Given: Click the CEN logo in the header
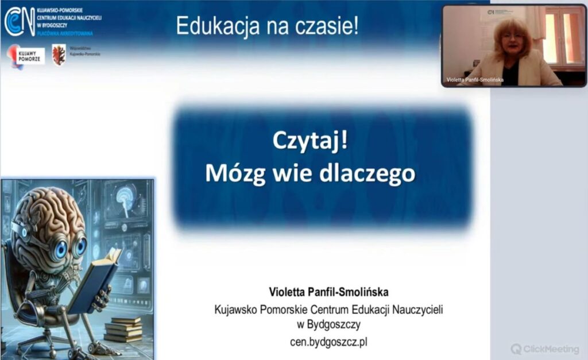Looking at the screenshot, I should (20, 21).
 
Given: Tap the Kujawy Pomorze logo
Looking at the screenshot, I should (26, 56).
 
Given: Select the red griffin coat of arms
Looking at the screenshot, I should (59, 55).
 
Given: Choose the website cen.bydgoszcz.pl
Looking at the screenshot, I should (328, 342).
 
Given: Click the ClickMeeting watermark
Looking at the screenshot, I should (545, 349).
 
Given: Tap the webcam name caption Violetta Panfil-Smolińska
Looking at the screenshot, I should (474, 80).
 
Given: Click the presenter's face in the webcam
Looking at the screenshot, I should (510, 40).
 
